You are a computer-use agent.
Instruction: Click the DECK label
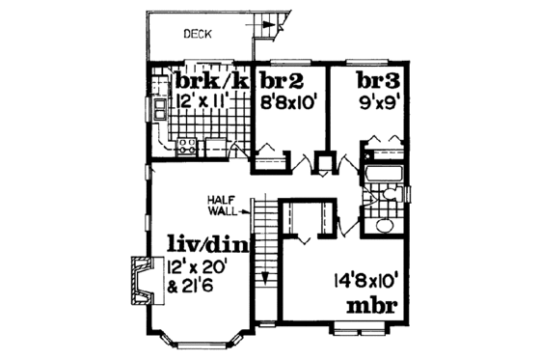[x=199, y=35]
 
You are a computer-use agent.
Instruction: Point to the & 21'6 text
[x=190, y=287]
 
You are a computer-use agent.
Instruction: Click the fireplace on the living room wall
[x=137, y=280]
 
